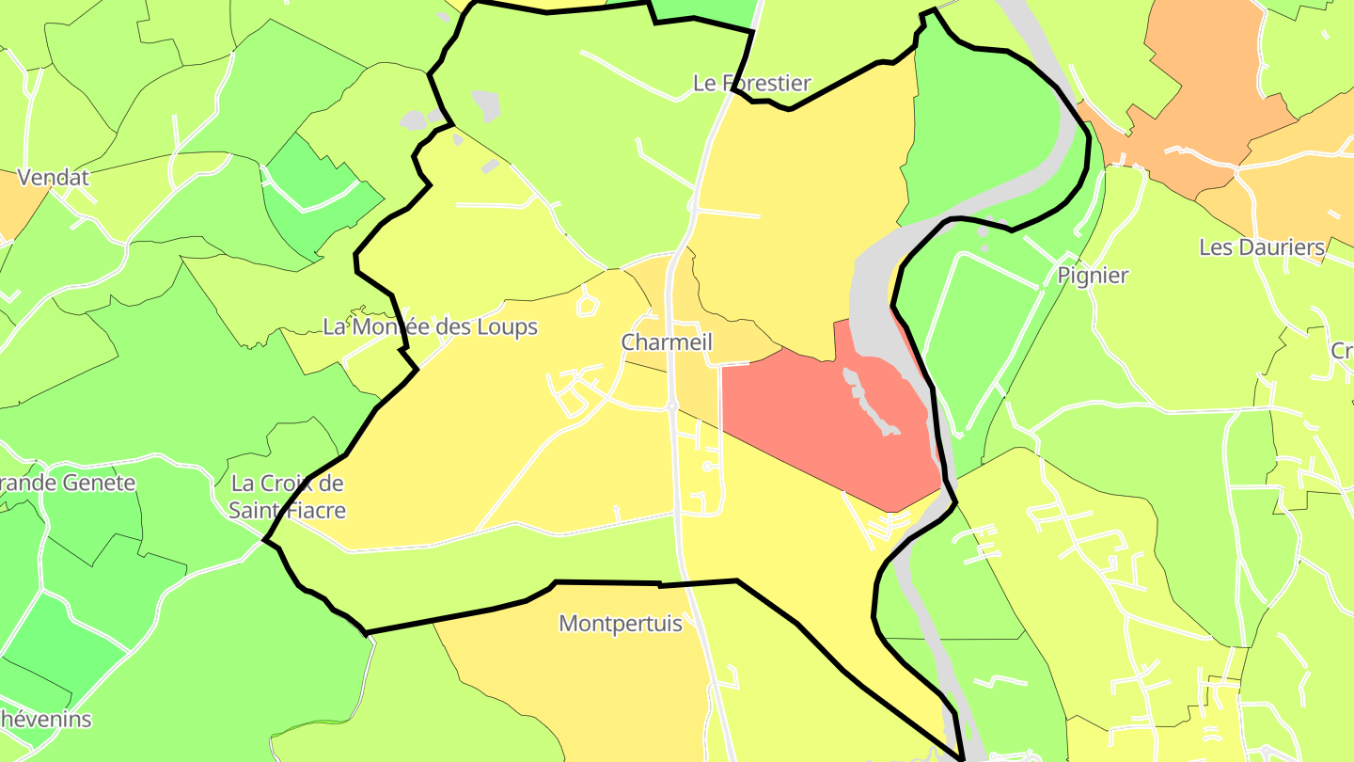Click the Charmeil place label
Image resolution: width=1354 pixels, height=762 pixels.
pyautogui.click(x=666, y=342)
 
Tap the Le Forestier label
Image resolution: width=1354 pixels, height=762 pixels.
pyautogui.click(x=751, y=83)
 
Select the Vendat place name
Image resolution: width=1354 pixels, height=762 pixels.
pyautogui.click(x=54, y=177)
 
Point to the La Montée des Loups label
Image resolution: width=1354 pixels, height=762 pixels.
pyautogui.click(x=430, y=326)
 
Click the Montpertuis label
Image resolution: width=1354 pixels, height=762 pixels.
pyautogui.click(x=621, y=623)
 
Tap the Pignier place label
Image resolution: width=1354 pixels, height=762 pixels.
pyautogui.click(x=1093, y=276)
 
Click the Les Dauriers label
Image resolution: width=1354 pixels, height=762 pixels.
pyautogui.click(x=1262, y=247)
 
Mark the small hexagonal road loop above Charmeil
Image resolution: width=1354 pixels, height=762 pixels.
pyautogui.click(x=588, y=304)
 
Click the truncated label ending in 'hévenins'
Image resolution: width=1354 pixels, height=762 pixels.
pyautogui.click(x=46, y=720)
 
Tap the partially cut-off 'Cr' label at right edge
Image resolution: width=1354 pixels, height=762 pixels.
pyautogui.click(x=1342, y=351)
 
